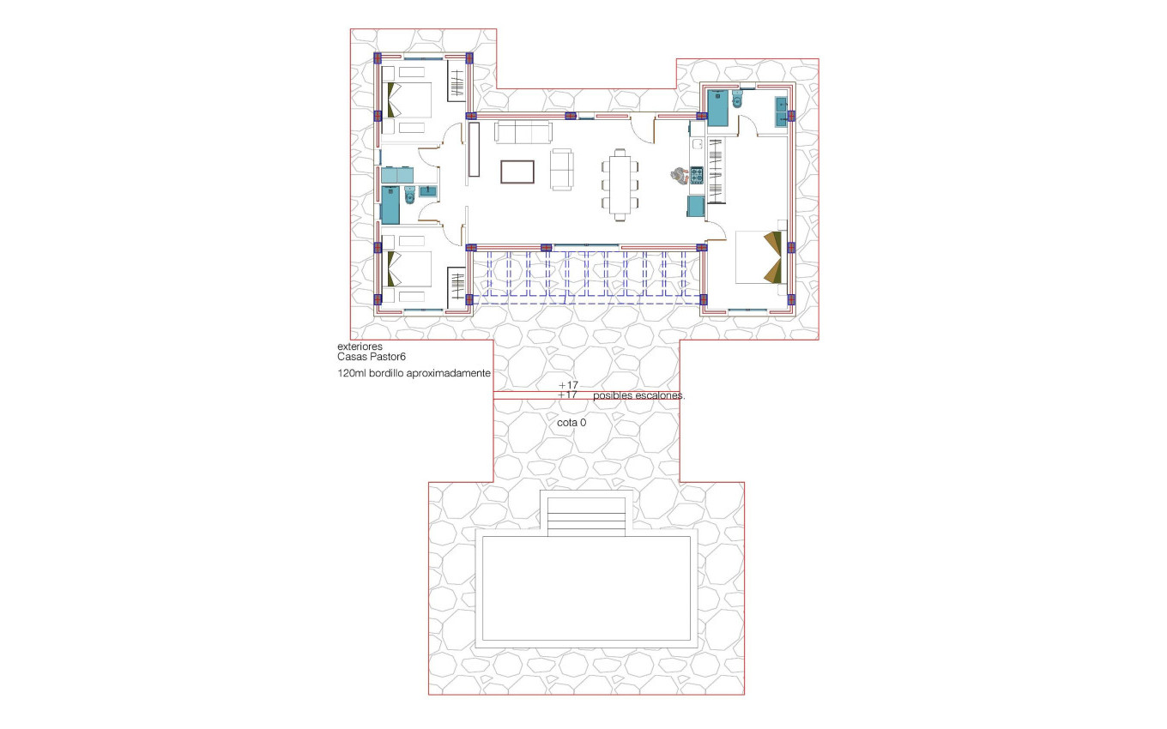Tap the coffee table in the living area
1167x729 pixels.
pyautogui.click(x=517, y=172)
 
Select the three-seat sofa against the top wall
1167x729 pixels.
pyautogui.click(x=523, y=132)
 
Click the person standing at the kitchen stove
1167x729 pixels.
pyautogui.click(x=679, y=176)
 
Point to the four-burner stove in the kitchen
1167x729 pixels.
pyautogui.click(x=697, y=176)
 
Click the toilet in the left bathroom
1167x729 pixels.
pyautogui.click(x=409, y=198)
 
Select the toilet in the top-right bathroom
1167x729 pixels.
pyautogui.click(x=738, y=102)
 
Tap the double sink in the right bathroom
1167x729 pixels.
pyautogui.click(x=782, y=112)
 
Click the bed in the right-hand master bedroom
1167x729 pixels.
pyautogui.click(x=759, y=256)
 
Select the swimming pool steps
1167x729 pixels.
pyautogui.click(x=586, y=516)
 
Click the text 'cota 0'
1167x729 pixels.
pyautogui.click(x=571, y=423)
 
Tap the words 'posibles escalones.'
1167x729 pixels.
pyautogui.click(x=638, y=396)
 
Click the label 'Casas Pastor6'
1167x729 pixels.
pyautogui.click(x=372, y=357)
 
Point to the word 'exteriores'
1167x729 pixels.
pyautogui.click(x=360, y=346)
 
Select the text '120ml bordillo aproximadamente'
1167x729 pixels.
pyautogui.click(x=414, y=374)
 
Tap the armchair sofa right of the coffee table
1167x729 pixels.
pyautogui.click(x=561, y=169)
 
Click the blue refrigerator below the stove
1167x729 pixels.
pyautogui.click(x=696, y=207)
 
